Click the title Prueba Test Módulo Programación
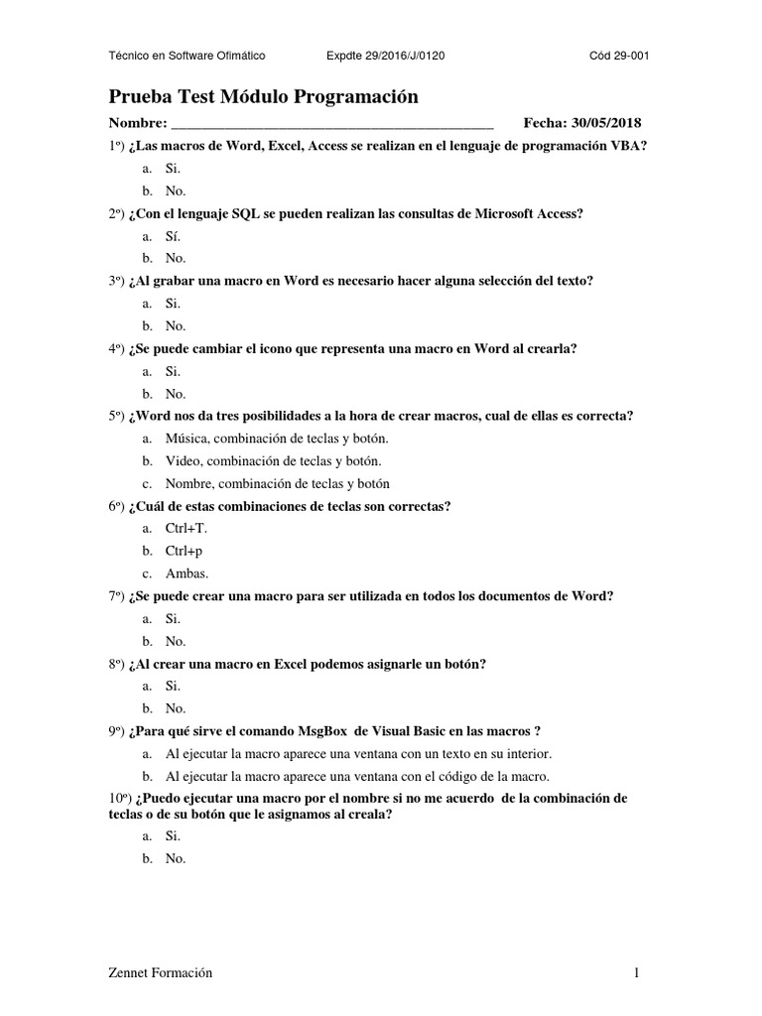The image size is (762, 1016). (263, 96)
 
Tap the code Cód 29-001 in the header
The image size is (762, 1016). (619, 56)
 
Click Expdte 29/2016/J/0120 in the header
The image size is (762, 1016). (385, 56)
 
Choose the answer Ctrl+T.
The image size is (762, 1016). (186, 528)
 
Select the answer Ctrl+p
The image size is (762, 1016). (184, 551)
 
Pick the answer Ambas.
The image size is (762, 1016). (187, 573)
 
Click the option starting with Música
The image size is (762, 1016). (277, 438)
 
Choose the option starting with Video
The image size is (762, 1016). (273, 460)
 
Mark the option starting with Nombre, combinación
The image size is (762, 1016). (277, 483)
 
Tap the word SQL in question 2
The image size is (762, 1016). (246, 213)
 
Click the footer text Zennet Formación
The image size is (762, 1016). (161, 973)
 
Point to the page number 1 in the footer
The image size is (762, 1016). (637, 973)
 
